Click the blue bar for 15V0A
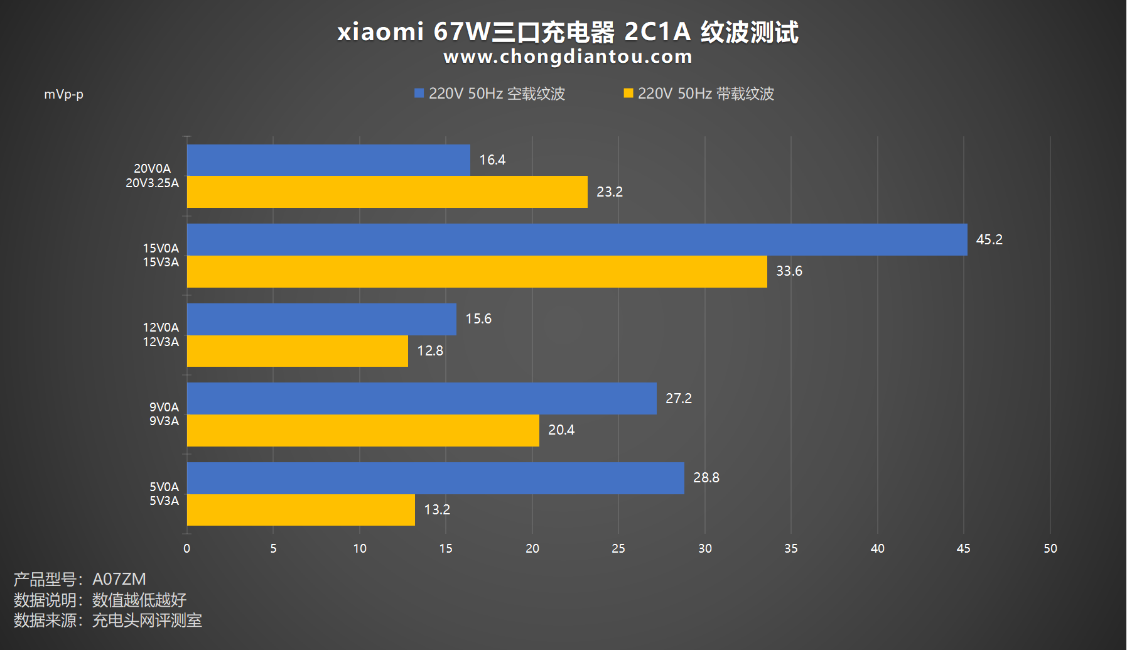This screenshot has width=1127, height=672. click(576, 239)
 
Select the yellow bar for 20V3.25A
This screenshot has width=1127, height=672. click(387, 192)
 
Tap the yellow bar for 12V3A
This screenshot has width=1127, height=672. click(297, 350)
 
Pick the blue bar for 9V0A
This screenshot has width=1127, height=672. click(421, 398)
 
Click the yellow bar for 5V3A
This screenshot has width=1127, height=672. click(301, 509)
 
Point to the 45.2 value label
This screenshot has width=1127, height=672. click(989, 239)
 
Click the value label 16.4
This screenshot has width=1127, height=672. click(492, 160)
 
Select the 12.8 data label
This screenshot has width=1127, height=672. click(430, 350)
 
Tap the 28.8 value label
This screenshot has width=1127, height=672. click(706, 477)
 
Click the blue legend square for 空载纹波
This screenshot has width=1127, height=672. click(419, 94)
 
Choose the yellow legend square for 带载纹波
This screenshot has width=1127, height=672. click(628, 94)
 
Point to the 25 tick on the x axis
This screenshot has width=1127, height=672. click(618, 548)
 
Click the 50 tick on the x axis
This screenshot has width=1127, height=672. click(1050, 548)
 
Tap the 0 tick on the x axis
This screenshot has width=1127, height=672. click(186, 548)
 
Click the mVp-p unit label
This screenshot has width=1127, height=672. click(63, 94)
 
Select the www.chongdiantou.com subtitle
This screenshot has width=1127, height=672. click(568, 57)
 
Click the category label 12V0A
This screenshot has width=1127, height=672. click(161, 327)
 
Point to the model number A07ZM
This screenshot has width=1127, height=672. click(119, 578)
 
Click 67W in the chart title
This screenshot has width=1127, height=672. click(461, 31)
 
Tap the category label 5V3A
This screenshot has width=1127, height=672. click(164, 501)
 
